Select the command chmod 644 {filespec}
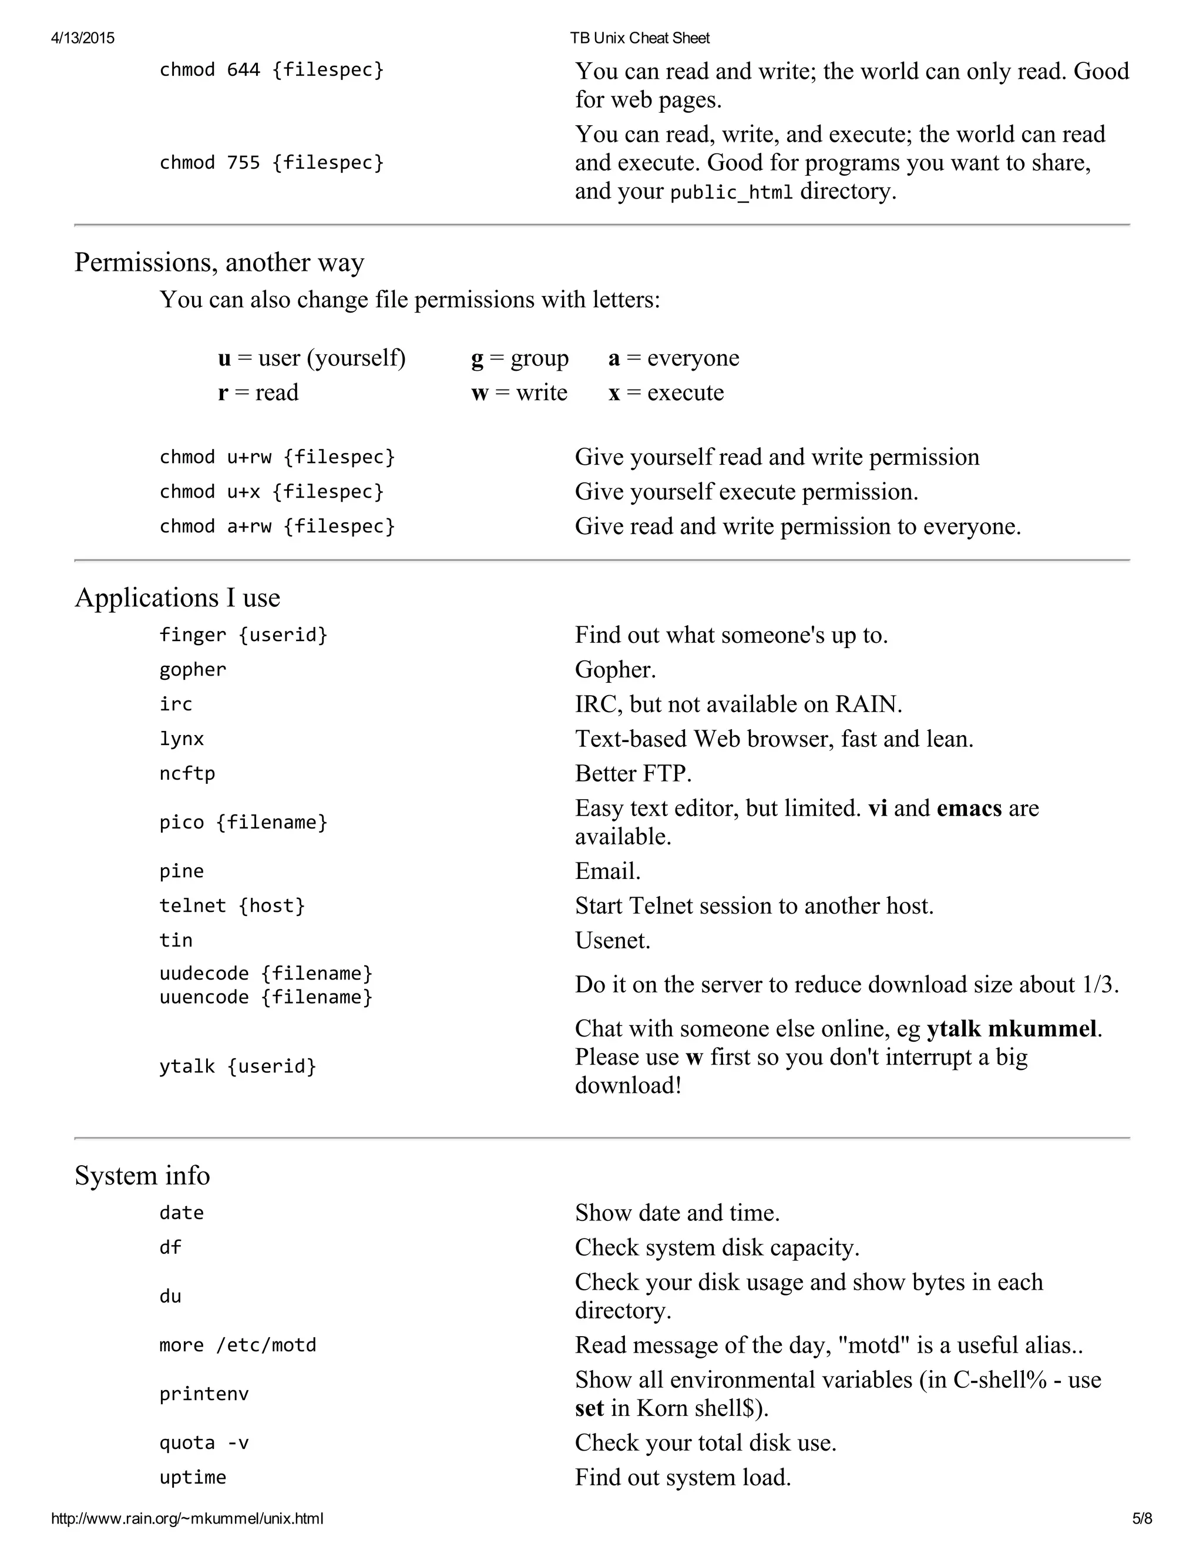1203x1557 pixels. pos(271,70)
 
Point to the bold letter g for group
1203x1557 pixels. pos(477,358)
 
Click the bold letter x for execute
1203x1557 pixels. pos(614,393)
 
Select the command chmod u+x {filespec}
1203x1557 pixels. pos(271,492)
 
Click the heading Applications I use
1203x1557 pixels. pos(177,598)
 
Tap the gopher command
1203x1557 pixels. pos(193,669)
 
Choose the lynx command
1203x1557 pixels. pos(181,739)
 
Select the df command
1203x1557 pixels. pos(170,1247)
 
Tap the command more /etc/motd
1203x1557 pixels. pos(237,1345)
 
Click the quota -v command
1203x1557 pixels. pos(204,1443)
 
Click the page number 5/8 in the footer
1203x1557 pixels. pos(1142,1518)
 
